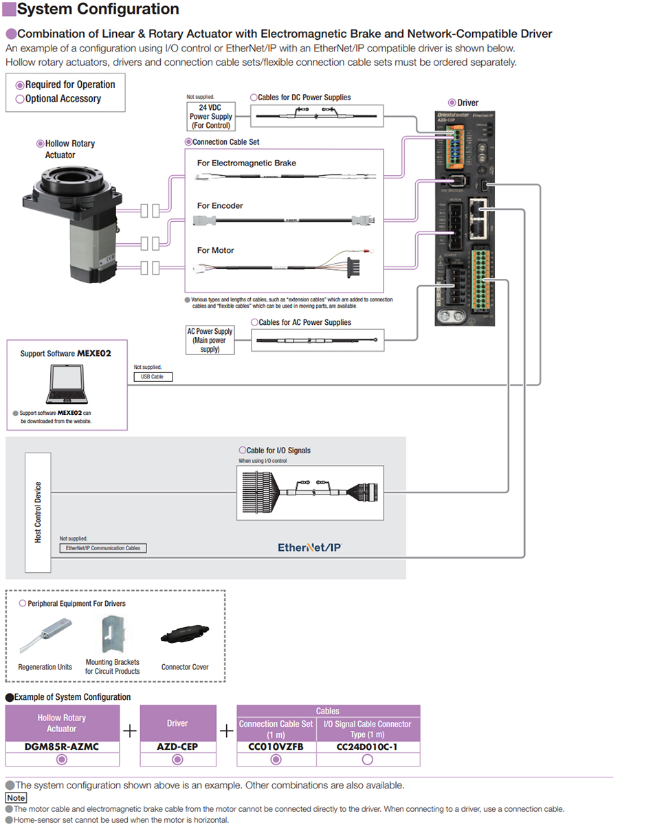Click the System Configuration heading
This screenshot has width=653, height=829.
tap(98, 10)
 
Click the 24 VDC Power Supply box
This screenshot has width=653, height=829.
tap(211, 117)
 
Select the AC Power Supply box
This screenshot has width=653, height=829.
tap(210, 340)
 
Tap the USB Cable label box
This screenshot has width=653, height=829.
tap(153, 377)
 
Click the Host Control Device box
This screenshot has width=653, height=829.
tap(38, 512)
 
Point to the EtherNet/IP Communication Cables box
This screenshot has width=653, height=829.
tap(104, 548)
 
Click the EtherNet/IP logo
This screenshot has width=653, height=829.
tap(310, 547)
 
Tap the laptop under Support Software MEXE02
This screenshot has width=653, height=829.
tap(67, 385)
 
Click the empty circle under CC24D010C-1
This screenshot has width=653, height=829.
tap(368, 760)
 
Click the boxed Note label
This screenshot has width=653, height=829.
tap(16, 798)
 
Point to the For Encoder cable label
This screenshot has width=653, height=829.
tap(220, 205)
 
